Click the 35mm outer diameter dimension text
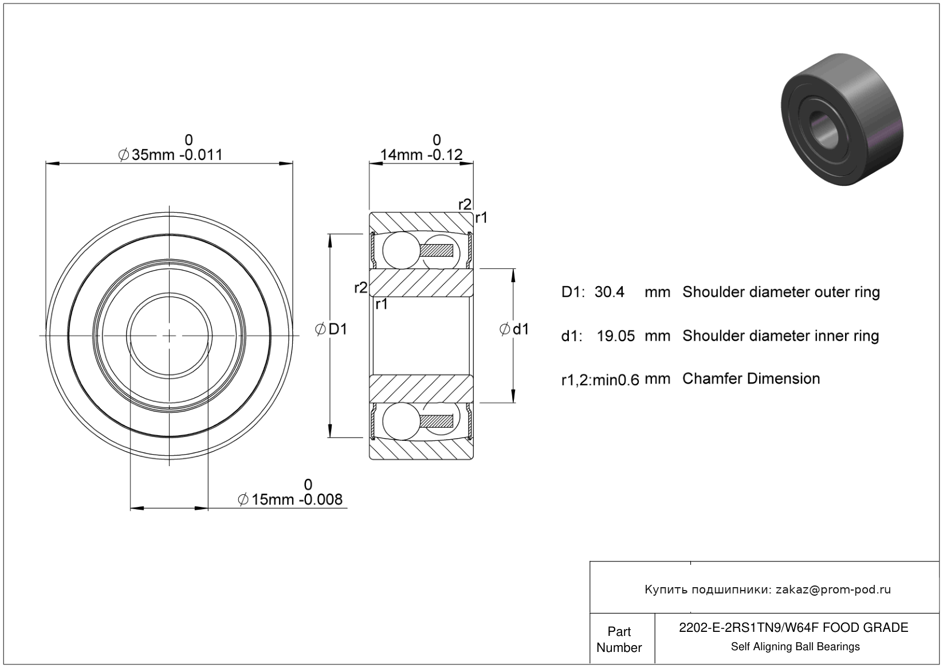point(170,155)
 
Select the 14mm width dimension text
point(421,155)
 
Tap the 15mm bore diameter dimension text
point(290,499)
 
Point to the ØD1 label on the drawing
point(331,329)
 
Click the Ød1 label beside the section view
point(514,329)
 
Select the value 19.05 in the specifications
point(615,336)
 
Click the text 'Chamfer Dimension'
point(751,378)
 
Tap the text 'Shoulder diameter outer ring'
point(781,292)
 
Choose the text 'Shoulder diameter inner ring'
point(780,336)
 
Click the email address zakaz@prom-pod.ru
point(833,589)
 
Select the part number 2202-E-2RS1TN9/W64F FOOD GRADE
point(793,628)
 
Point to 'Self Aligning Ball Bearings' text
point(795,647)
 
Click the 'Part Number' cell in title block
point(619,639)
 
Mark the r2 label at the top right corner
point(465,204)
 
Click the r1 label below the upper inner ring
point(382,304)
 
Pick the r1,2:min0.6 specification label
point(600,380)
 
